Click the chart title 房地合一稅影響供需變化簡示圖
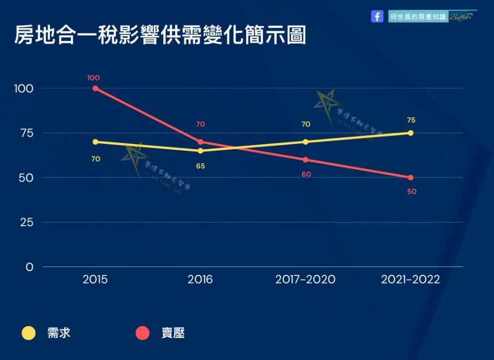pos(160,35)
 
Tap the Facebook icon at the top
pos(377,16)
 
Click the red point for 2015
pos(95,88)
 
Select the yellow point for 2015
pos(95,142)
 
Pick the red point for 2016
pos(200,142)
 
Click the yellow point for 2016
pos(200,151)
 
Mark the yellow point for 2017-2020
pos(306,142)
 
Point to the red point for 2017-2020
pos(306,160)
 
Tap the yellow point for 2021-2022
pos(411,133)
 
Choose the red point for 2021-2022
pos(411,177)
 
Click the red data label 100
pos(94,78)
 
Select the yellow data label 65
pos(200,167)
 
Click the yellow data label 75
pos(411,120)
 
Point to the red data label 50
pos(412,192)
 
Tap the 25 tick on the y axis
pos(27,222)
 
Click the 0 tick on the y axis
pos(29,267)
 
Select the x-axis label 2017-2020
pos(305,279)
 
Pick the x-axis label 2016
pos(200,279)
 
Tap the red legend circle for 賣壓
pos(143,333)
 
